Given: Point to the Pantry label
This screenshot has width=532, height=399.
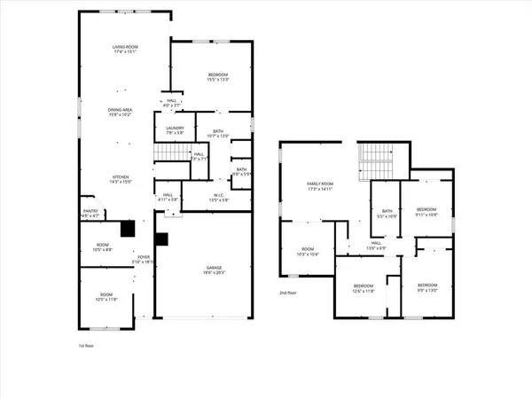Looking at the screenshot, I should [x=90, y=213].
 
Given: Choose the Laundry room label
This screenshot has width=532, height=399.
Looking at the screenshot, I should [x=175, y=130].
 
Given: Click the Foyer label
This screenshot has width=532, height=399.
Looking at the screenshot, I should [x=143, y=259].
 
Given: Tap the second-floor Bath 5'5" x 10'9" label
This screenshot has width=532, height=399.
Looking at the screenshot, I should [x=387, y=213].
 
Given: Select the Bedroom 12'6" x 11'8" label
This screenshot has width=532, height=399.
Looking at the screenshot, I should [x=364, y=287].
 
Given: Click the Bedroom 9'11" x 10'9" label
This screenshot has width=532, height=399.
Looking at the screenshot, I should [x=427, y=213].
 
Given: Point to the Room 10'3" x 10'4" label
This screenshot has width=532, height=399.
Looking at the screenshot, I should [x=307, y=252].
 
